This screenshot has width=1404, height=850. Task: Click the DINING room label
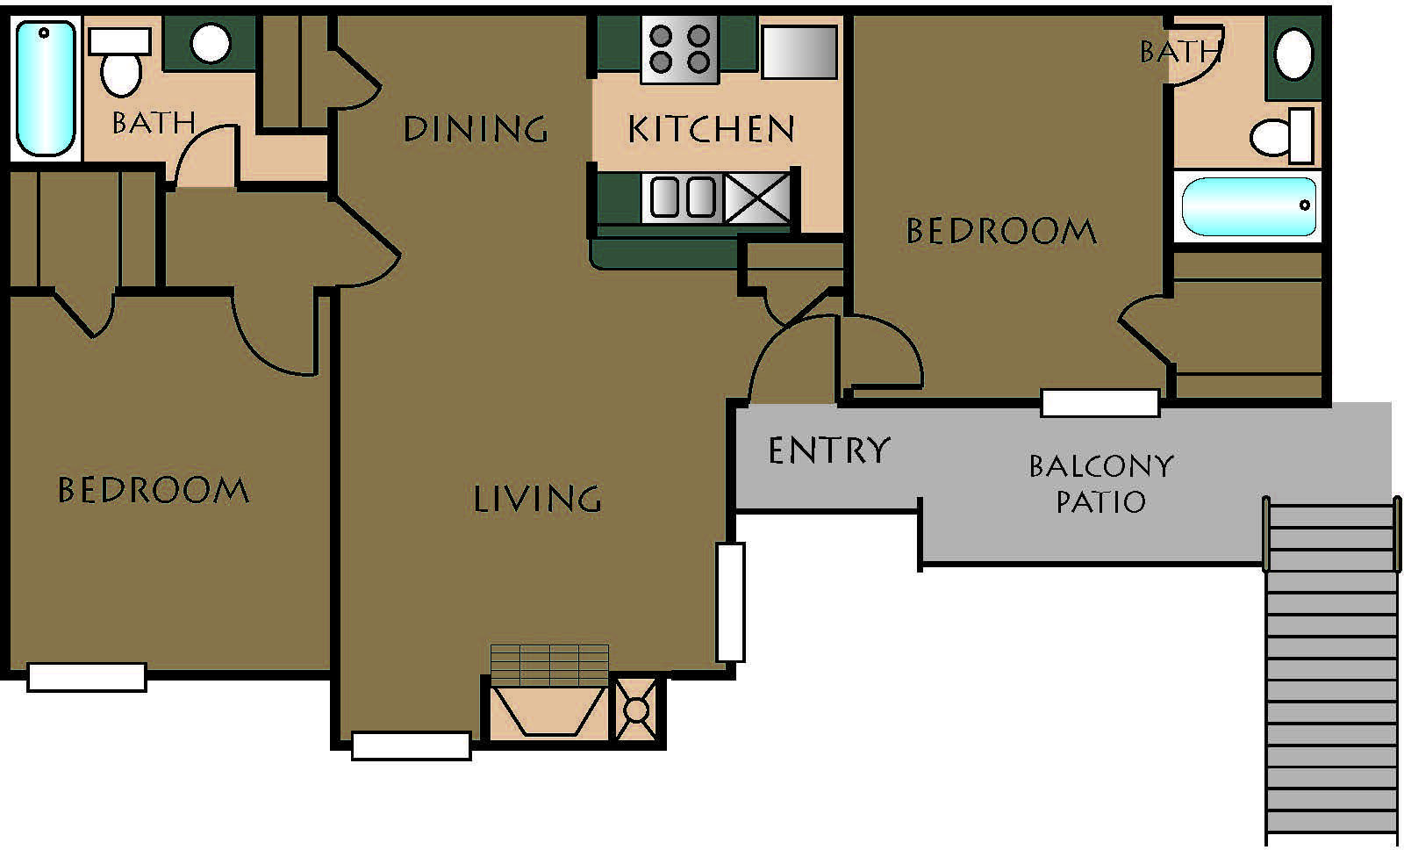[x=475, y=128]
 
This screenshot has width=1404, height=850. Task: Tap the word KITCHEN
[x=712, y=129]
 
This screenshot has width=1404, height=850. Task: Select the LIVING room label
[x=537, y=500]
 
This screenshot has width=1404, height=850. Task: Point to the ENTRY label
[x=828, y=450]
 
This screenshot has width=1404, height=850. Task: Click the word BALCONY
[x=1101, y=466]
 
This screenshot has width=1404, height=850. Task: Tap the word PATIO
[x=1101, y=502]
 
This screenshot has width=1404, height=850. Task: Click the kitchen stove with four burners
[x=679, y=49]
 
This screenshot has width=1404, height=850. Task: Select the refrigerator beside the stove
[x=799, y=52]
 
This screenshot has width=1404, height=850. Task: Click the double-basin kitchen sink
[x=683, y=197]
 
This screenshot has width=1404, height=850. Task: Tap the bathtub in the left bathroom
[x=46, y=88]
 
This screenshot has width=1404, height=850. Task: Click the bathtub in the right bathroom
[x=1249, y=206]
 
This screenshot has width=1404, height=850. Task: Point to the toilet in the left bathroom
[x=120, y=62]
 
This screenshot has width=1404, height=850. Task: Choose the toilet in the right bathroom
[x=1282, y=136]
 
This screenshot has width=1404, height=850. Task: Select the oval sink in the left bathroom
[x=211, y=43]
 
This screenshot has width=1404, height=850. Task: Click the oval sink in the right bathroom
[x=1293, y=54]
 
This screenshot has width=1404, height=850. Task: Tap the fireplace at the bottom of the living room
[x=548, y=710]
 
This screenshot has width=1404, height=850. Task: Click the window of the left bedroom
[x=87, y=678]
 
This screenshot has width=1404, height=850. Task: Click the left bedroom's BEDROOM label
[x=153, y=490]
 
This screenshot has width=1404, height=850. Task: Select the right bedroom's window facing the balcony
[x=1100, y=403]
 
